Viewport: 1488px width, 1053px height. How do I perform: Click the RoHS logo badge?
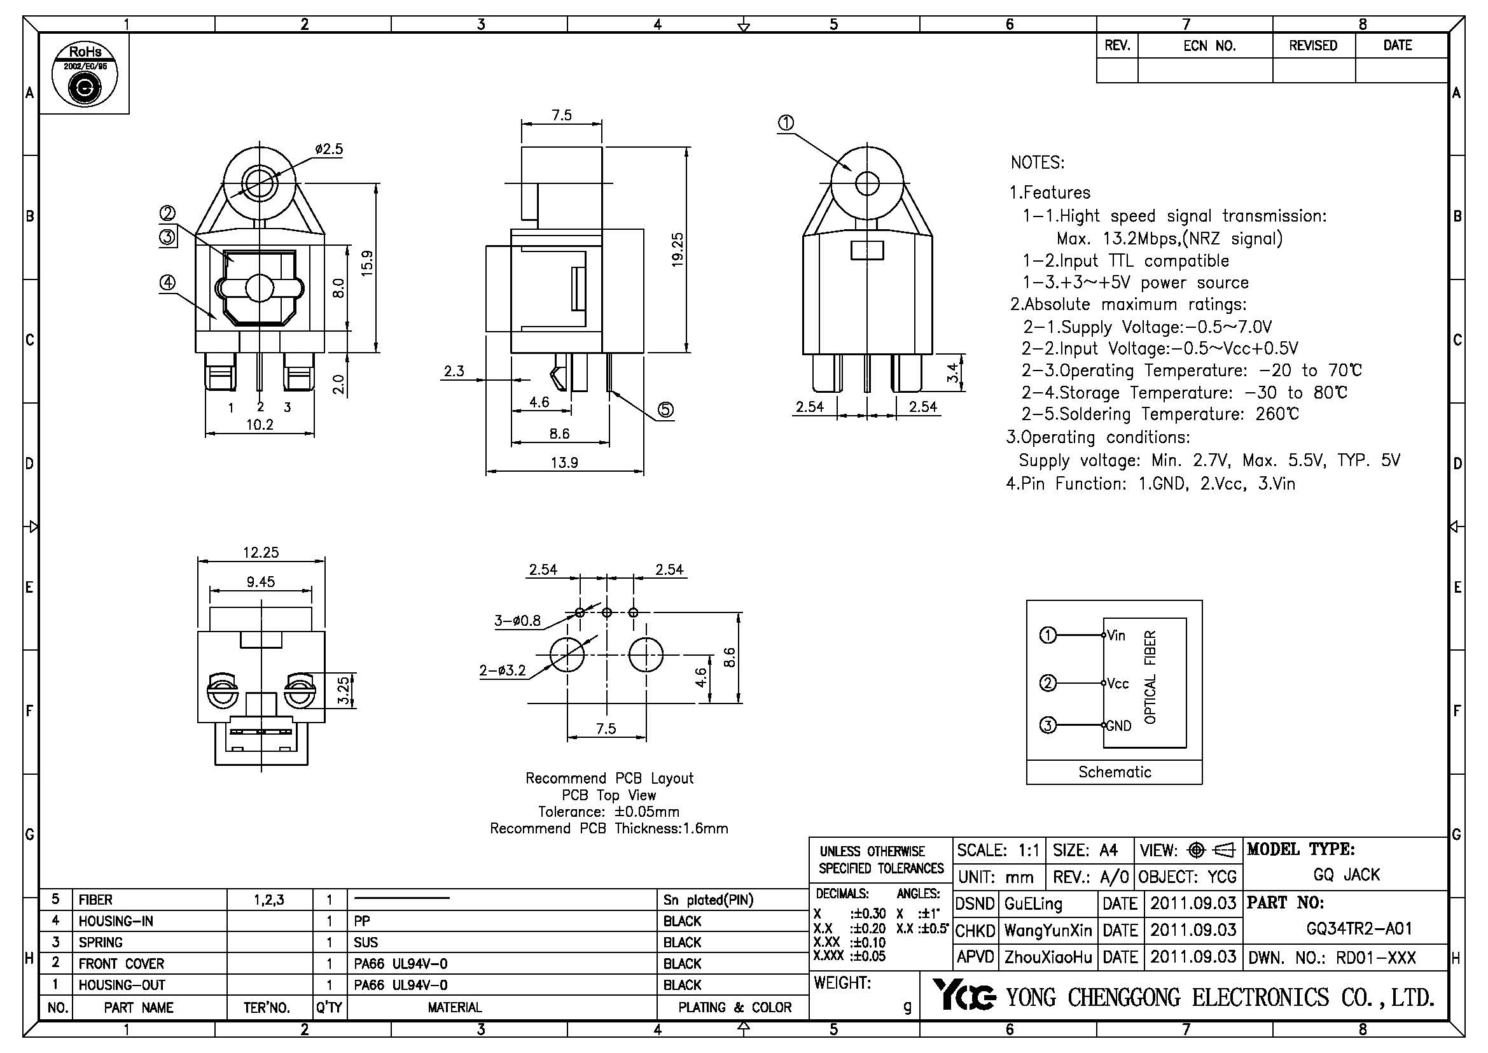tap(84, 74)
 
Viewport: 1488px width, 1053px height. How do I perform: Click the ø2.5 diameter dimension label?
tap(330, 149)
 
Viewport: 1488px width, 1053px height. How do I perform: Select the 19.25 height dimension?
tap(678, 249)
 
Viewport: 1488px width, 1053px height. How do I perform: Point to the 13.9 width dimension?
tap(564, 463)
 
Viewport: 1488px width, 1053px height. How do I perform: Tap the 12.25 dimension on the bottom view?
tap(261, 553)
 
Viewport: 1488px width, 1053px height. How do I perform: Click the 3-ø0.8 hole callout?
tap(517, 621)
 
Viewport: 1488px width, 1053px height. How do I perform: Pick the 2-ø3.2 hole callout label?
tap(503, 670)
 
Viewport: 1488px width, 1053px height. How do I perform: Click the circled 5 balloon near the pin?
tap(665, 409)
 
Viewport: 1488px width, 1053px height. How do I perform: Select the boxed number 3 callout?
tap(167, 237)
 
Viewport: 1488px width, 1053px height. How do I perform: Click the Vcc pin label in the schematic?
tap(1118, 683)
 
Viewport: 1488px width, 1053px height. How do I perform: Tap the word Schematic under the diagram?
tap(1115, 772)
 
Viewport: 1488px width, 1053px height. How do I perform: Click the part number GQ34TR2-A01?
tap(1358, 929)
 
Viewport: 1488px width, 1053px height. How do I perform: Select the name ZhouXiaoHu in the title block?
tap(1048, 957)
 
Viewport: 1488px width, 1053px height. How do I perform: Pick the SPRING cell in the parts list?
tap(101, 942)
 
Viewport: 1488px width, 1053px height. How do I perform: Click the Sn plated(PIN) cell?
tap(708, 900)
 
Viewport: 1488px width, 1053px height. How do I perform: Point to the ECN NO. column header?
tap(1209, 46)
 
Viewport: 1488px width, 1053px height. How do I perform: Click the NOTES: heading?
tap(1037, 163)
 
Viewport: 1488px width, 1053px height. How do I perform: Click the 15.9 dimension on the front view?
tap(367, 264)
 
